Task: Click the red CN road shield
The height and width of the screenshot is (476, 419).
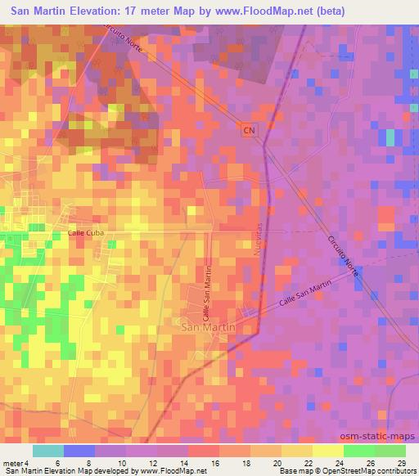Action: tap(249, 130)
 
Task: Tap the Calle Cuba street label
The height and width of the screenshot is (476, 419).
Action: tap(86, 234)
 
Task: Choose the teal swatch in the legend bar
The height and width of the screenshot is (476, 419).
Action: tap(48, 451)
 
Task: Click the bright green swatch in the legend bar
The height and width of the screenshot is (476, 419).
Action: tap(358, 451)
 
